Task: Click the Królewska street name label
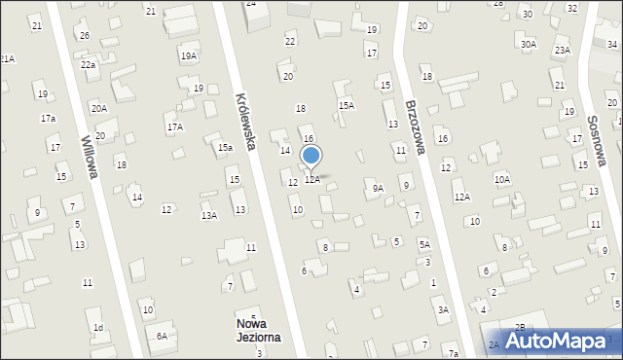pyautogui.click(x=245, y=122)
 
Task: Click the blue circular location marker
pyautogui.click(x=311, y=155)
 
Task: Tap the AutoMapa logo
pyautogui.click(x=557, y=341)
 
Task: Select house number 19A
pyautogui.click(x=188, y=56)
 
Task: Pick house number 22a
pyautogui.click(x=88, y=64)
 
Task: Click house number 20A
pyautogui.click(x=99, y=108)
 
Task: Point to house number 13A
pyautogui.click(x=208, y=216)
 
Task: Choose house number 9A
pyautogui.click(x=378, y=188)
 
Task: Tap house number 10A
pyautogui.click(x=501, y=179)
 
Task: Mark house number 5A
pyautogui.click(x=424, y=244)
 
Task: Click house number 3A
pyautogui.click(x=443, y=309)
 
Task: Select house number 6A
pyautogui.click(x=163, y=336)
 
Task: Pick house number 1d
pyautogui.click(x=97, y=328)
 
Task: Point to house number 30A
pyautogui.click(x=528, y=44)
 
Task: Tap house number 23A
pyautogui.click(x=562, y=50)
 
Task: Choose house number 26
pyautogui.click(x=85, y=36)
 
